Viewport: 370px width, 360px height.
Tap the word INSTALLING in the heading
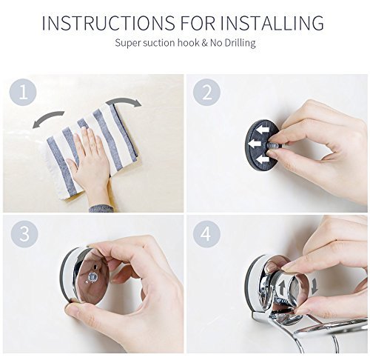click(272, 23)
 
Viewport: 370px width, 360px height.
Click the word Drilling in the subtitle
click(240, 43)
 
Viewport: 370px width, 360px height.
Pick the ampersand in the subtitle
click(204, 43)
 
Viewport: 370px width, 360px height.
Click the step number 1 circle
click(23, 93)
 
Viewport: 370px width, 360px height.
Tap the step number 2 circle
click(206, 93)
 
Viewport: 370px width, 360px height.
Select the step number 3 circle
click(24, 233)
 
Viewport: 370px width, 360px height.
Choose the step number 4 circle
click(206, 233)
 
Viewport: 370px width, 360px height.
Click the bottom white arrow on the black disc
click(262, 161)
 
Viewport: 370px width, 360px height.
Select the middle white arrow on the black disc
click(255, 144)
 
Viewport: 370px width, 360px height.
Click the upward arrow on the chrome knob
click(281, 288)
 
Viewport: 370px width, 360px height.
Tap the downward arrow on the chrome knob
click(314, 287)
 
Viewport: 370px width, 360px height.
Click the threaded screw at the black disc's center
click(274, 145)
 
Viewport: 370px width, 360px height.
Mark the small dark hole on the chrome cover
click(95, 267)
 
